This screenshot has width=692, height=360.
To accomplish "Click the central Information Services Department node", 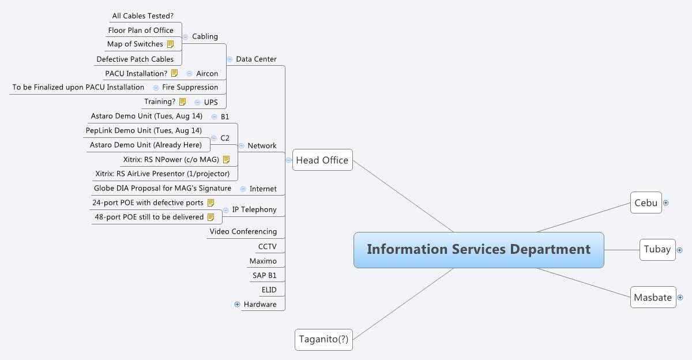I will click(479, 250).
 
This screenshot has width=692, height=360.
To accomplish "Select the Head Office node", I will click(322, 160).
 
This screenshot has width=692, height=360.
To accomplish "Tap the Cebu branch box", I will click(645, 203).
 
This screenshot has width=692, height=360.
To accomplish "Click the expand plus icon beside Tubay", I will click(679, 250).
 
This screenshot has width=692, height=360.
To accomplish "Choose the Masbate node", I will click(653, 298).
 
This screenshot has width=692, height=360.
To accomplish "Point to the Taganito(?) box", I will click(323, 339).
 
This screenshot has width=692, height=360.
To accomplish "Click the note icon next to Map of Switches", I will click(170, 44).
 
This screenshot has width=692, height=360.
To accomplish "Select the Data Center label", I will click(256, 59).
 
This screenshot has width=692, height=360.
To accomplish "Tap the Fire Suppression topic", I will click(190, 87).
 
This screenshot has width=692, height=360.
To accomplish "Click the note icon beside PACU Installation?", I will click(174, 73).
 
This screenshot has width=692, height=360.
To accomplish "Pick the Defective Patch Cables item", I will click(135, 59).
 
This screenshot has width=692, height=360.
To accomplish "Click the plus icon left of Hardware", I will click(237, 305).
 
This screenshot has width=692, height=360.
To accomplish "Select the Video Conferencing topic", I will click(243, 231).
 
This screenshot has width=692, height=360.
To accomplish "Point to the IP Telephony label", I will click(254, 209).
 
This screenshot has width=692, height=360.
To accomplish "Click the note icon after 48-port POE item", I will click(210, 217).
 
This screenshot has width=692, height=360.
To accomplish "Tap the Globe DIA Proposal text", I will click(162, 188).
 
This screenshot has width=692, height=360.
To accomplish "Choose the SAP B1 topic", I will click(264, 275).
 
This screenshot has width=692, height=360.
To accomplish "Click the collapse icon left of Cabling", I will click(185, 37).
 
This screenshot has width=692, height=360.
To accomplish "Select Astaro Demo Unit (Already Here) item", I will click(145, 145).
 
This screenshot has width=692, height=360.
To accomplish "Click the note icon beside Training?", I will click(182, 102).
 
